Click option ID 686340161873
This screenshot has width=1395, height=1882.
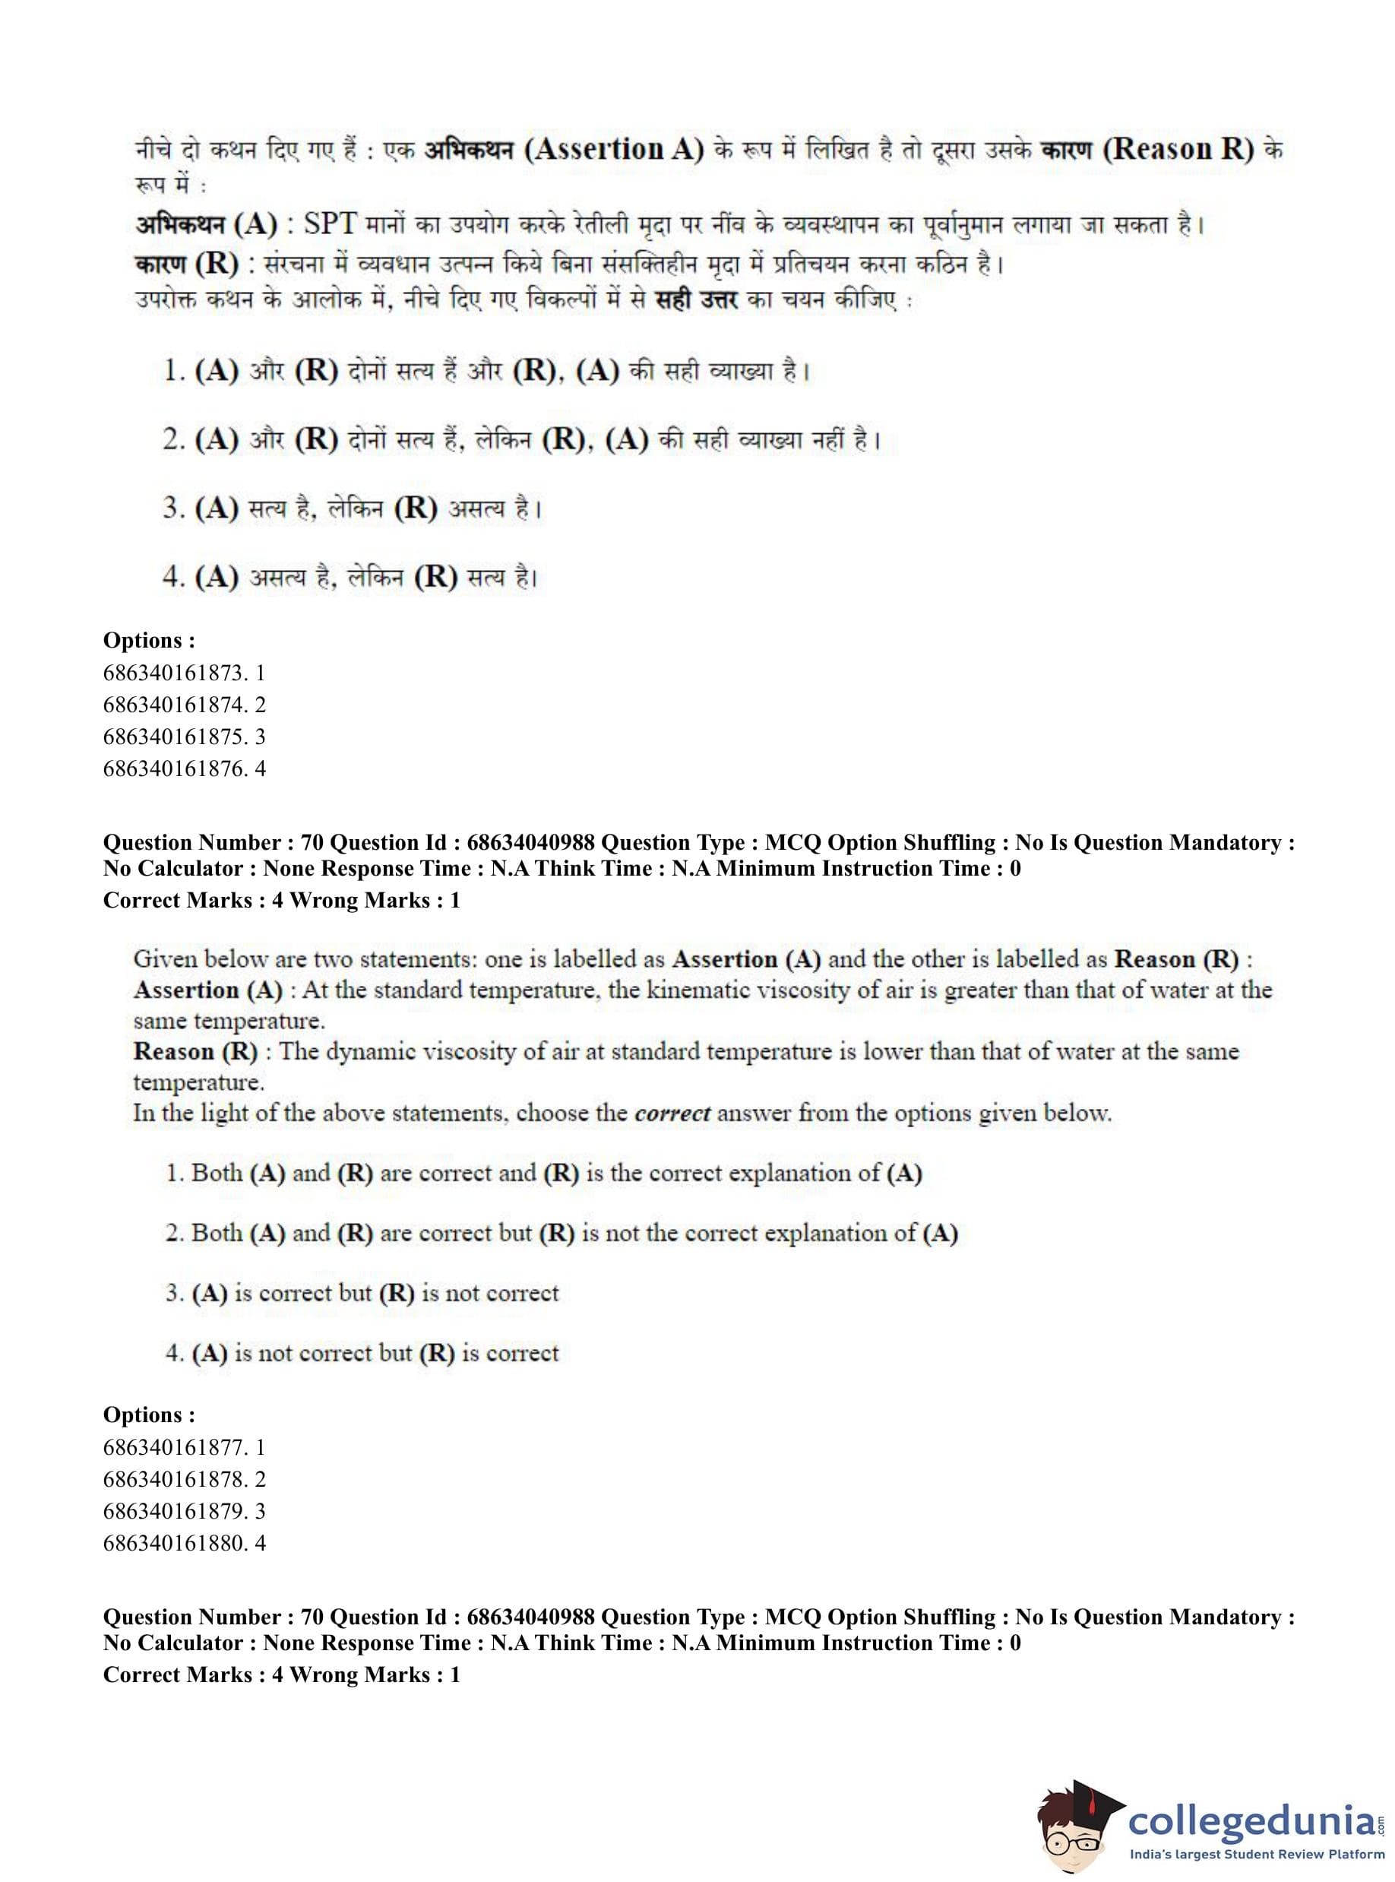coord(184,673)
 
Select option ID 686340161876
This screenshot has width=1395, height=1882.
coord(184,768)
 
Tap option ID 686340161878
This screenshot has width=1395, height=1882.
coord(184,1479)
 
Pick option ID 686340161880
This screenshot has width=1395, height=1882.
coord(184,1543)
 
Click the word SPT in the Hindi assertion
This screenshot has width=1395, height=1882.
coord(331,225)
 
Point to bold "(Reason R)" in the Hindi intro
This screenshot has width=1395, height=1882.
coord(1181,150)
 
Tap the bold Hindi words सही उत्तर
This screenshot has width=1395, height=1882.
coord(697,300)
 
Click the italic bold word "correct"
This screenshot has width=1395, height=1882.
coord(672,1114)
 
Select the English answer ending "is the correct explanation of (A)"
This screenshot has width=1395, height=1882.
coord(544,1174)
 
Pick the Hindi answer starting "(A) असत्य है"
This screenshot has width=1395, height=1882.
coord(351,577)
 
